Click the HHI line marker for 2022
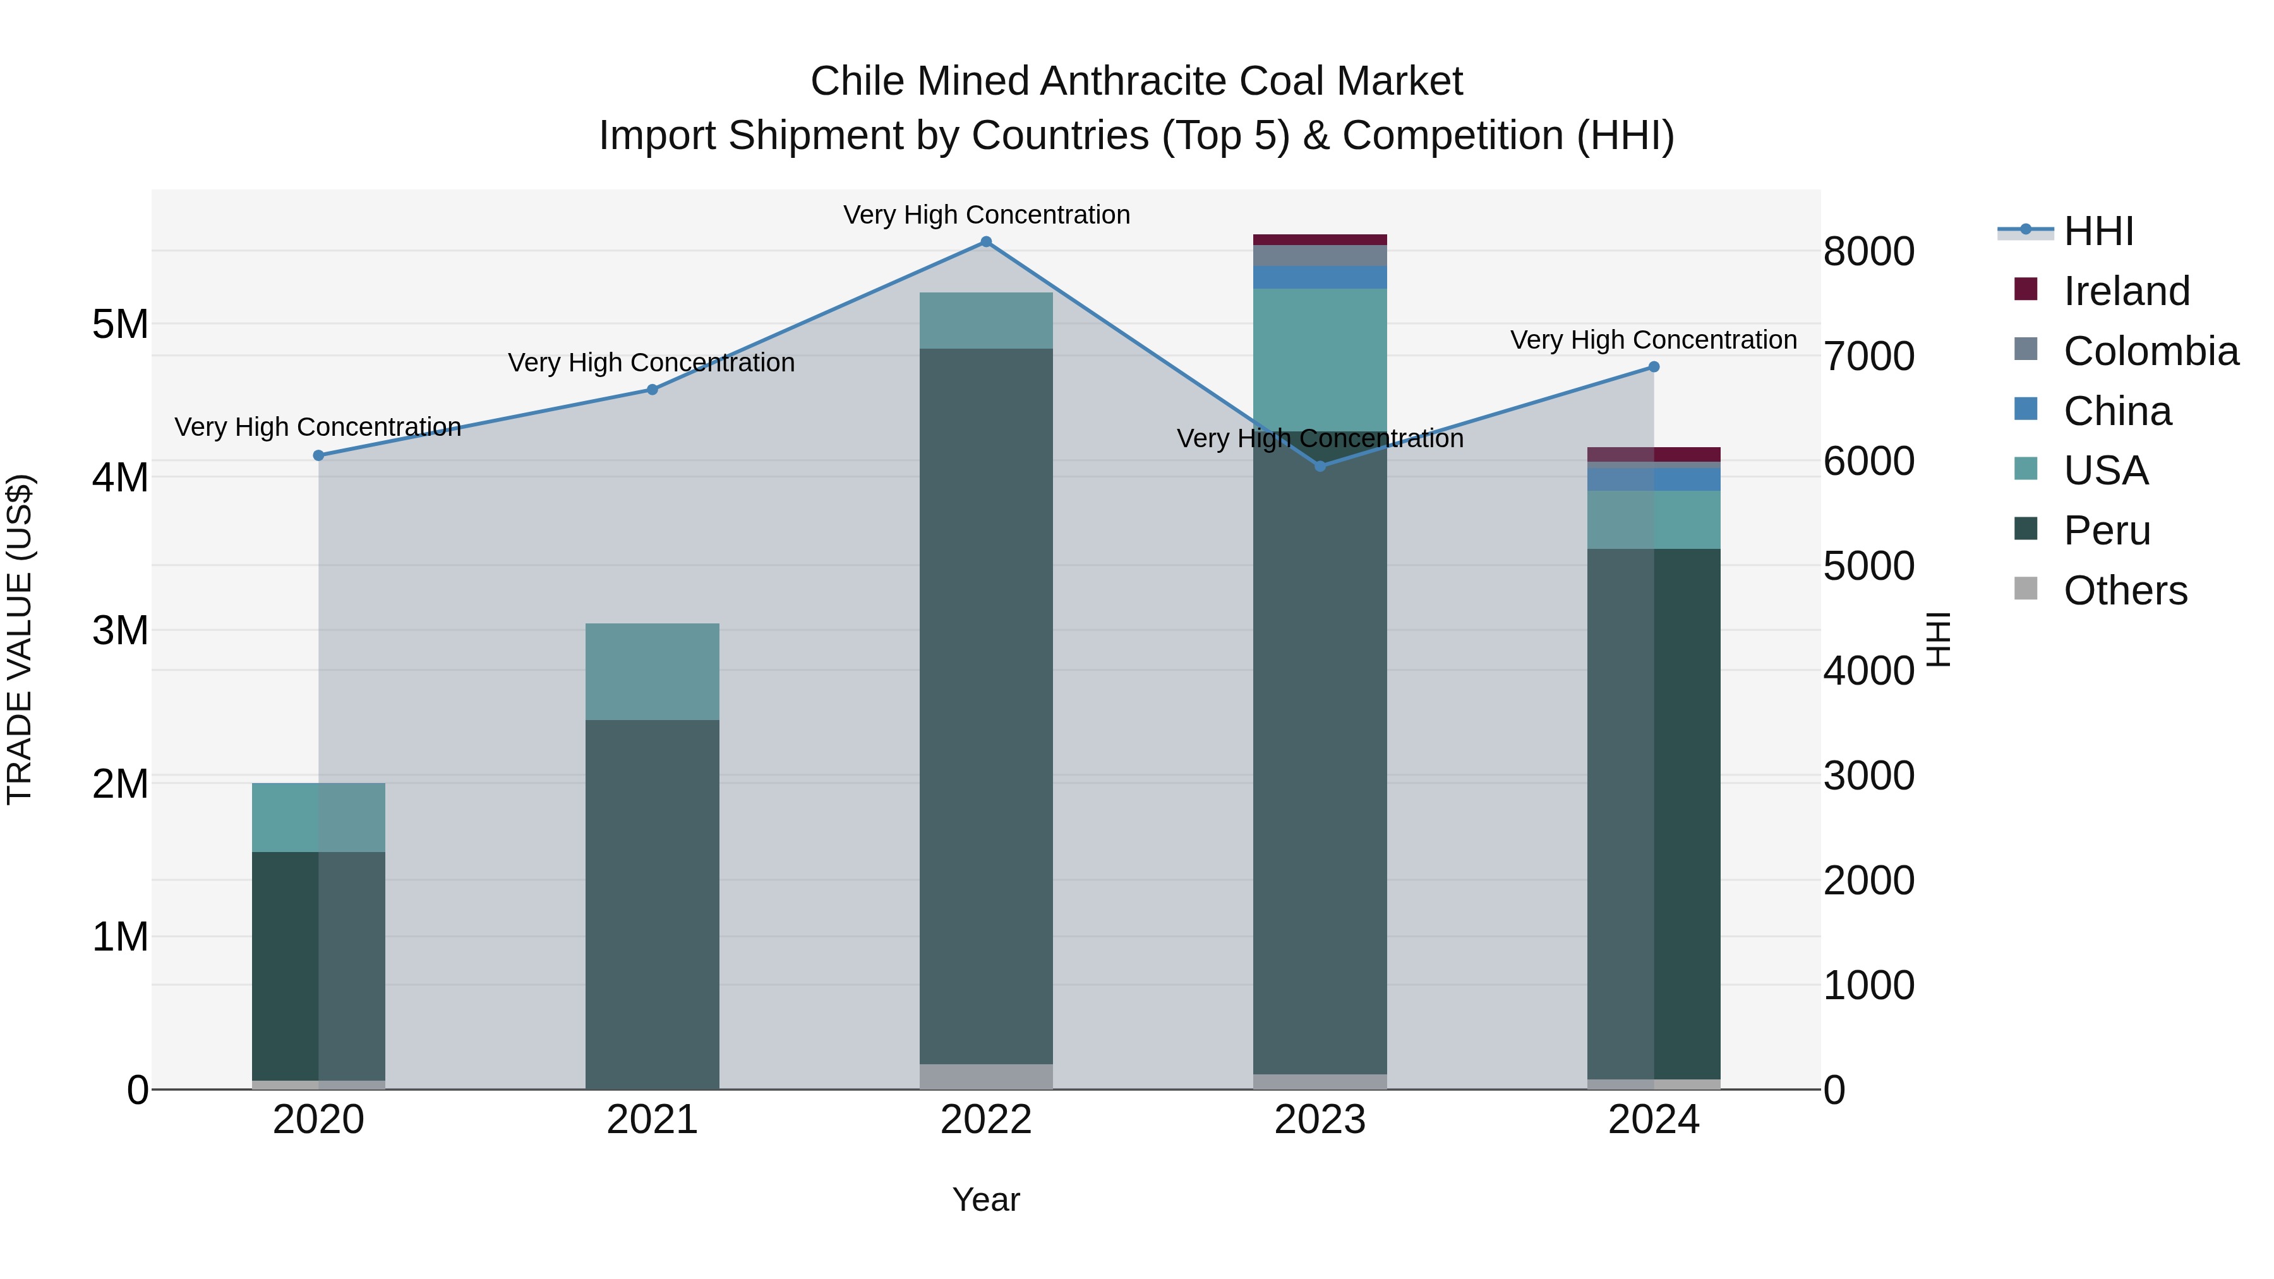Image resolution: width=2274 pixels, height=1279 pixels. [x=986, y=242]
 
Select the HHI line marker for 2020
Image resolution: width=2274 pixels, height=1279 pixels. [x=319, y=455]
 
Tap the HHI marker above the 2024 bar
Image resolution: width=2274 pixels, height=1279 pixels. [x=1654, y=367]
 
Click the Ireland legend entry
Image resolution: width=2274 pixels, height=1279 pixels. [x=2126, y=291]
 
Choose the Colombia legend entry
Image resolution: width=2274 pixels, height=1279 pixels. [x=2150, y=351]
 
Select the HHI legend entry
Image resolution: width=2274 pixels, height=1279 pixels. [x=2097, y=231]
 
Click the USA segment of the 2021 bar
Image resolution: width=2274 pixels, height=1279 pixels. [x=653, y=672]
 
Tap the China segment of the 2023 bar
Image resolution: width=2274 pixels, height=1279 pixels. [x=1320, y=277]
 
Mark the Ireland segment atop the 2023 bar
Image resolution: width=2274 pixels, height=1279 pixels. [x=1320, y=239]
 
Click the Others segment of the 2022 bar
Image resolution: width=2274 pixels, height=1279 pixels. [x=986, y=1076]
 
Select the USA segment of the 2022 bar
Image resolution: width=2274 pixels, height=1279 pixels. [x=986, y=320]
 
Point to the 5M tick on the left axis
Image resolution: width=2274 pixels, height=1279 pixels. [x=120, y=325]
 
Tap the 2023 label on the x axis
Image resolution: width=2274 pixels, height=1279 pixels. [x=1320, y=1120]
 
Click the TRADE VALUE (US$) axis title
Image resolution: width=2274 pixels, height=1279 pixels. [x=20, y=639]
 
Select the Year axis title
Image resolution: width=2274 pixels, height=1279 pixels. [x=986, y=1199]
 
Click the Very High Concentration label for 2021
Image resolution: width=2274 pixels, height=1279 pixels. [x=651, y=363]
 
